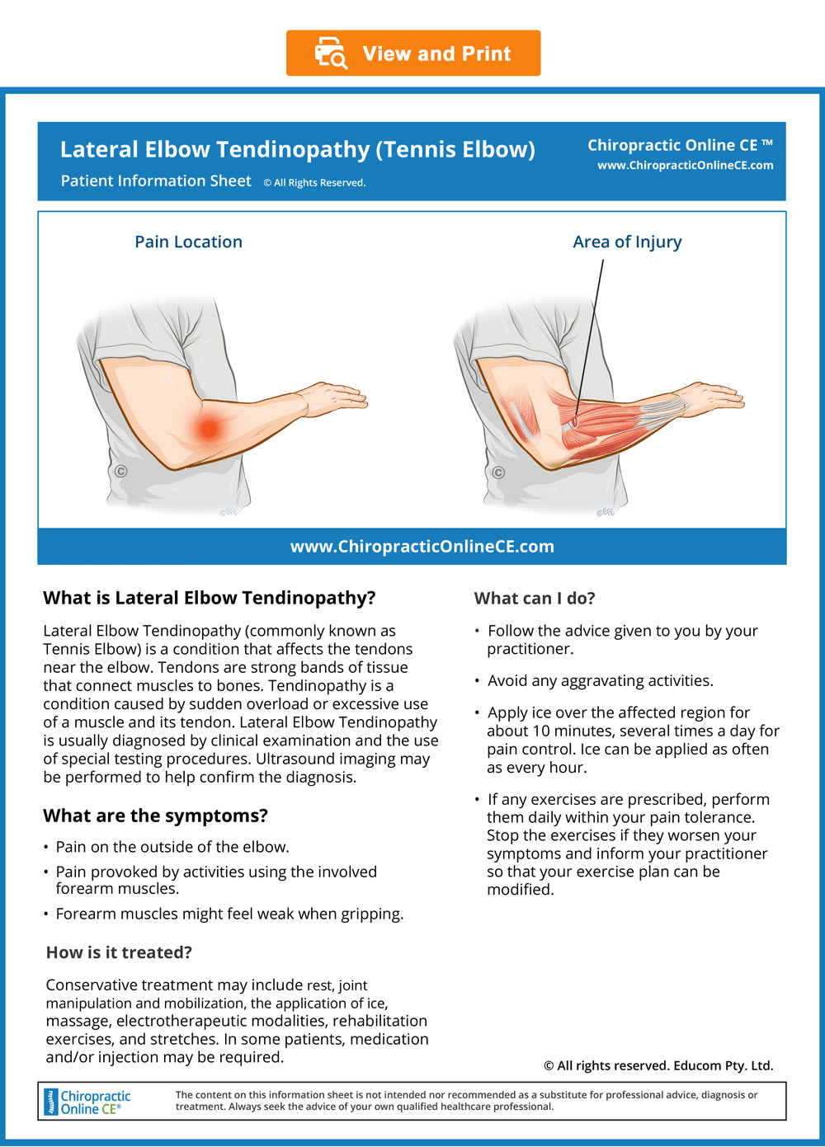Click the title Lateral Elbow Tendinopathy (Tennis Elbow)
tap(297, 149)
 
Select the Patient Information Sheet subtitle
tap(156, 181)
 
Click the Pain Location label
tap(188, 242)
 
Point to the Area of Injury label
tap(627, 242)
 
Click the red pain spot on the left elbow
tap(209, 427)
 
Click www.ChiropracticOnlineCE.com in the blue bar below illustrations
tap(422, 547)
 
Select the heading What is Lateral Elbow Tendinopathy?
tap(209, 598)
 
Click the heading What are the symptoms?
tap(155, 816)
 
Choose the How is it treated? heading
tap(119, 952)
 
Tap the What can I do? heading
tap(535, 599)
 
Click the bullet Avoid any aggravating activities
tap(600, 681)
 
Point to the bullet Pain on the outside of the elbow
tap(172, 847)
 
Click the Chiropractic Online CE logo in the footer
tap(87, 1102)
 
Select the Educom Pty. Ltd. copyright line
tap(658, 1065)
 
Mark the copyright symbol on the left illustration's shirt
tap(120, 472)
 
